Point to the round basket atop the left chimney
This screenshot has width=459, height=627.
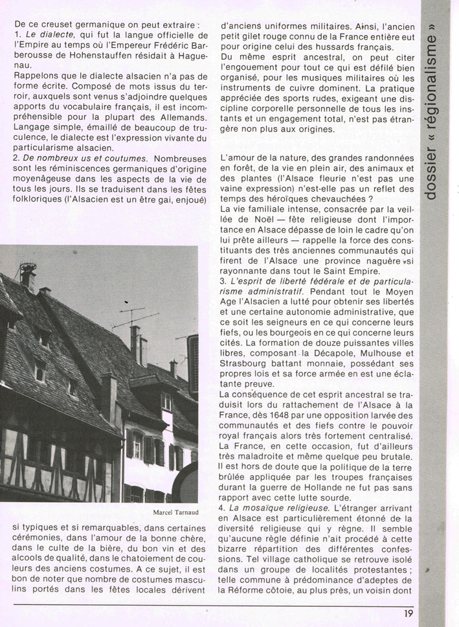(x=28, y=266)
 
